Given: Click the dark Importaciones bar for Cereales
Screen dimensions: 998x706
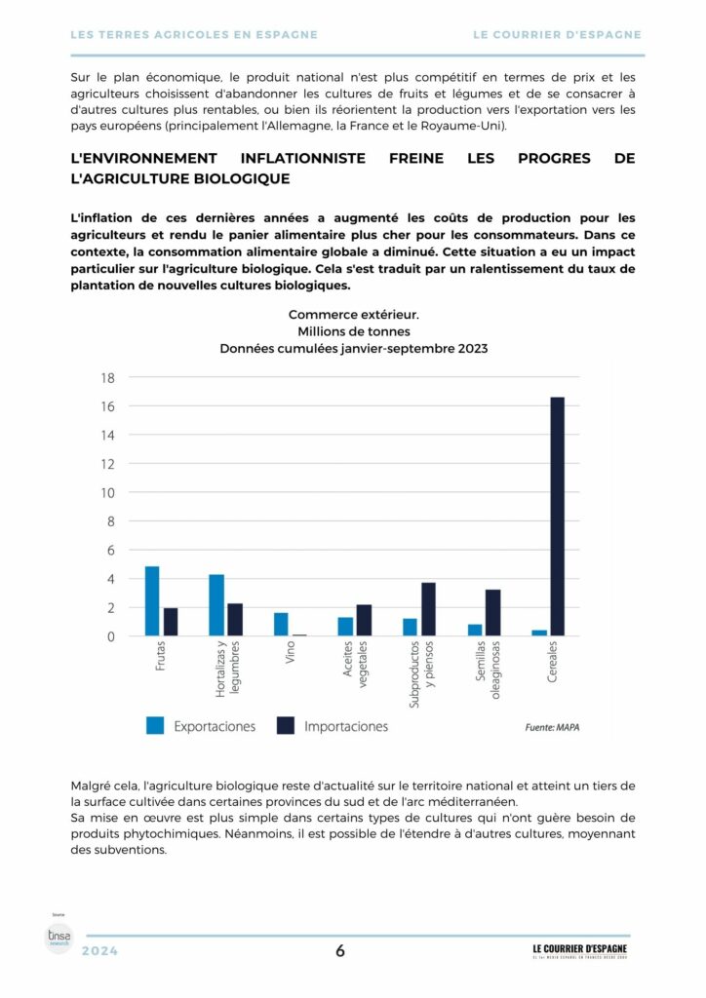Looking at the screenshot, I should coord(557,517).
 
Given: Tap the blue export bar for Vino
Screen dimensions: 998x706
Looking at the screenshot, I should coord(281,625).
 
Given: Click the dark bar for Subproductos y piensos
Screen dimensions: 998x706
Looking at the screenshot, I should coord(428,609).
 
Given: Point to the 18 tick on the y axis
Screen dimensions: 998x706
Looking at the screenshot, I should coord(108,378).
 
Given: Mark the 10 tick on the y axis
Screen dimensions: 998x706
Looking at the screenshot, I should coord(108,492).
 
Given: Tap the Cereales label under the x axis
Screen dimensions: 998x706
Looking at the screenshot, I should coord(552,663).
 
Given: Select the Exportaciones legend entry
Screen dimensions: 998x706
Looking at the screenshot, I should coord(201,726).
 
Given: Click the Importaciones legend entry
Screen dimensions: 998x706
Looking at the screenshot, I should coord(333,726).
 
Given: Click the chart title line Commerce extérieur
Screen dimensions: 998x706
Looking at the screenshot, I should coord(353,314).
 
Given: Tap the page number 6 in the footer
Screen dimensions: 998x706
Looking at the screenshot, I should coord(340,951).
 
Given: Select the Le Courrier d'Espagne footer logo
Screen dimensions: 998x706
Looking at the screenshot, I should coord(579,950).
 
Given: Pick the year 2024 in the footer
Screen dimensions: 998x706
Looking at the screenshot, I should coord(99,951).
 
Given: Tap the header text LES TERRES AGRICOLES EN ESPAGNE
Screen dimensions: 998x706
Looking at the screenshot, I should coord(195,34).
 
